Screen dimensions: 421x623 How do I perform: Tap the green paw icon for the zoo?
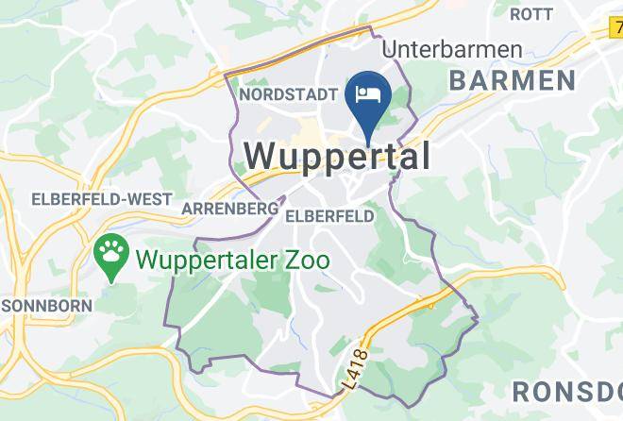click(112, 253)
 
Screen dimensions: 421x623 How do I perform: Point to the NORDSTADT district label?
click(289, 94)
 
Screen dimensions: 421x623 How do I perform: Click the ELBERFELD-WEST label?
click(102, 199)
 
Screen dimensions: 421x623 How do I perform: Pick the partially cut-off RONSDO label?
click(565, 391)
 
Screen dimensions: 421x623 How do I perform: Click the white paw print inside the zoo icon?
click(112, 251)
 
